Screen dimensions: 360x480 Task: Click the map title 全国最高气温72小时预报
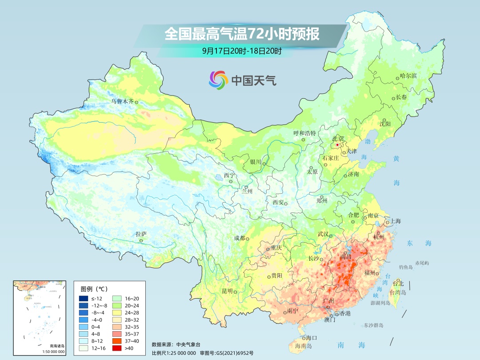242,34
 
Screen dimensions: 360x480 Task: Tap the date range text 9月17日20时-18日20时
242,51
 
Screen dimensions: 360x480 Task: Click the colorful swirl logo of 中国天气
218,80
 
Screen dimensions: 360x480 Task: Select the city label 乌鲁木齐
122,101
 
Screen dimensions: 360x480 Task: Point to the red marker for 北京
337,145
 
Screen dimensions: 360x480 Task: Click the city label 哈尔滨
408,76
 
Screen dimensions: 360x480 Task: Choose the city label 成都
240,238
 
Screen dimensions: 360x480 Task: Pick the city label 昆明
227,291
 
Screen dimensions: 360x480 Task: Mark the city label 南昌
346,257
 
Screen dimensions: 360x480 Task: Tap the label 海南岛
304,346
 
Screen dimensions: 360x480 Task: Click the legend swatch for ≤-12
83,298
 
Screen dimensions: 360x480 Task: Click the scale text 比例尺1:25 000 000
174,353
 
